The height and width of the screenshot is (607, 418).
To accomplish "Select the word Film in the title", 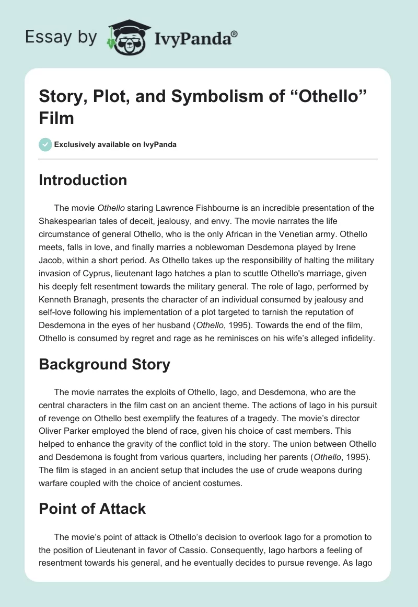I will point(56,118).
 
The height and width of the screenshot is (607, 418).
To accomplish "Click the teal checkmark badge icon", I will point(45,144).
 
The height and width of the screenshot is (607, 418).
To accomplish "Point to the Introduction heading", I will point(83,180).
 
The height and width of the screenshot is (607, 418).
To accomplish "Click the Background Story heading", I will point(104,364).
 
